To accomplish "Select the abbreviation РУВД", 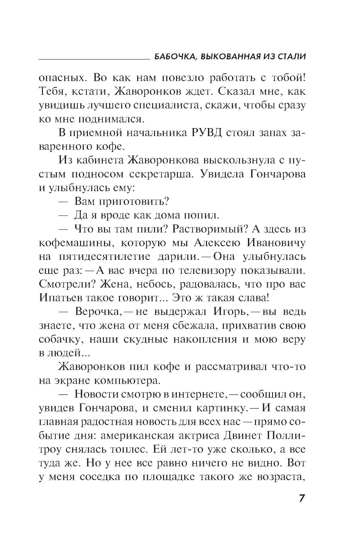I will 206,133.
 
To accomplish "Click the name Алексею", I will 217,243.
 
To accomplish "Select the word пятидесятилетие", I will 104,257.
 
